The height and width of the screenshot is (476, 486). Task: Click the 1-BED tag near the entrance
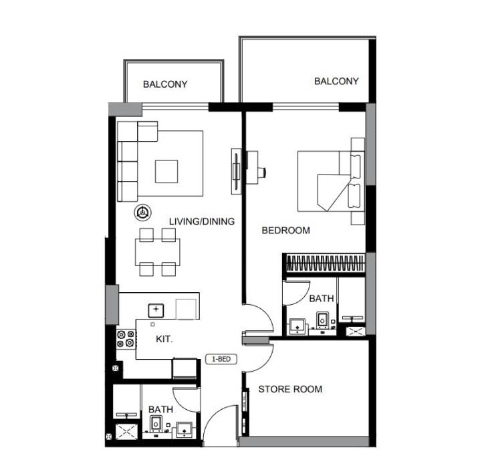(x=221, y=359)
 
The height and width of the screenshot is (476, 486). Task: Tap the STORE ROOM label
(x=290, y=389)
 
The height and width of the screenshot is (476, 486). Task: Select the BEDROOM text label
(x=285, y=230)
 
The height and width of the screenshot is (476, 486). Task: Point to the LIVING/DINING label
(x=202, y=221)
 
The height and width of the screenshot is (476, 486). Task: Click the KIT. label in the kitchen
(x=164, y=339)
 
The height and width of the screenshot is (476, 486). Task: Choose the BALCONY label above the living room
(x=165, y=84)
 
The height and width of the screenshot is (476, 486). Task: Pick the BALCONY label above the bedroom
(x=336, y=81)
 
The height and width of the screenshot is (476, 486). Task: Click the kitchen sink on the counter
(x=156, y=310)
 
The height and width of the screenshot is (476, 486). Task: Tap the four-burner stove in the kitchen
(x=126, y=339)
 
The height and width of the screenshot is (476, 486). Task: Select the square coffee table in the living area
(x=166, y=171)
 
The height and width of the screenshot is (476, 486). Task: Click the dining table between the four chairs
(x=158, y=252)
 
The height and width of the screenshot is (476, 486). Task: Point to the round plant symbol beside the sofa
(x=142, y=213)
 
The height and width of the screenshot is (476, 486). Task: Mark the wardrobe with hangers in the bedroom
(x=325, y=263)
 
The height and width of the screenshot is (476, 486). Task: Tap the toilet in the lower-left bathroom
(x=156, y=424)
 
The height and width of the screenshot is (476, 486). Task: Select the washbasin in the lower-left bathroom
(x=185, y=430)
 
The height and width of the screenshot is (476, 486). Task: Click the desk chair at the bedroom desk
(x=262, y=172)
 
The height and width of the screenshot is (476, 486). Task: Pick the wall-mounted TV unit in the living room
(x=236, y=171)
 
